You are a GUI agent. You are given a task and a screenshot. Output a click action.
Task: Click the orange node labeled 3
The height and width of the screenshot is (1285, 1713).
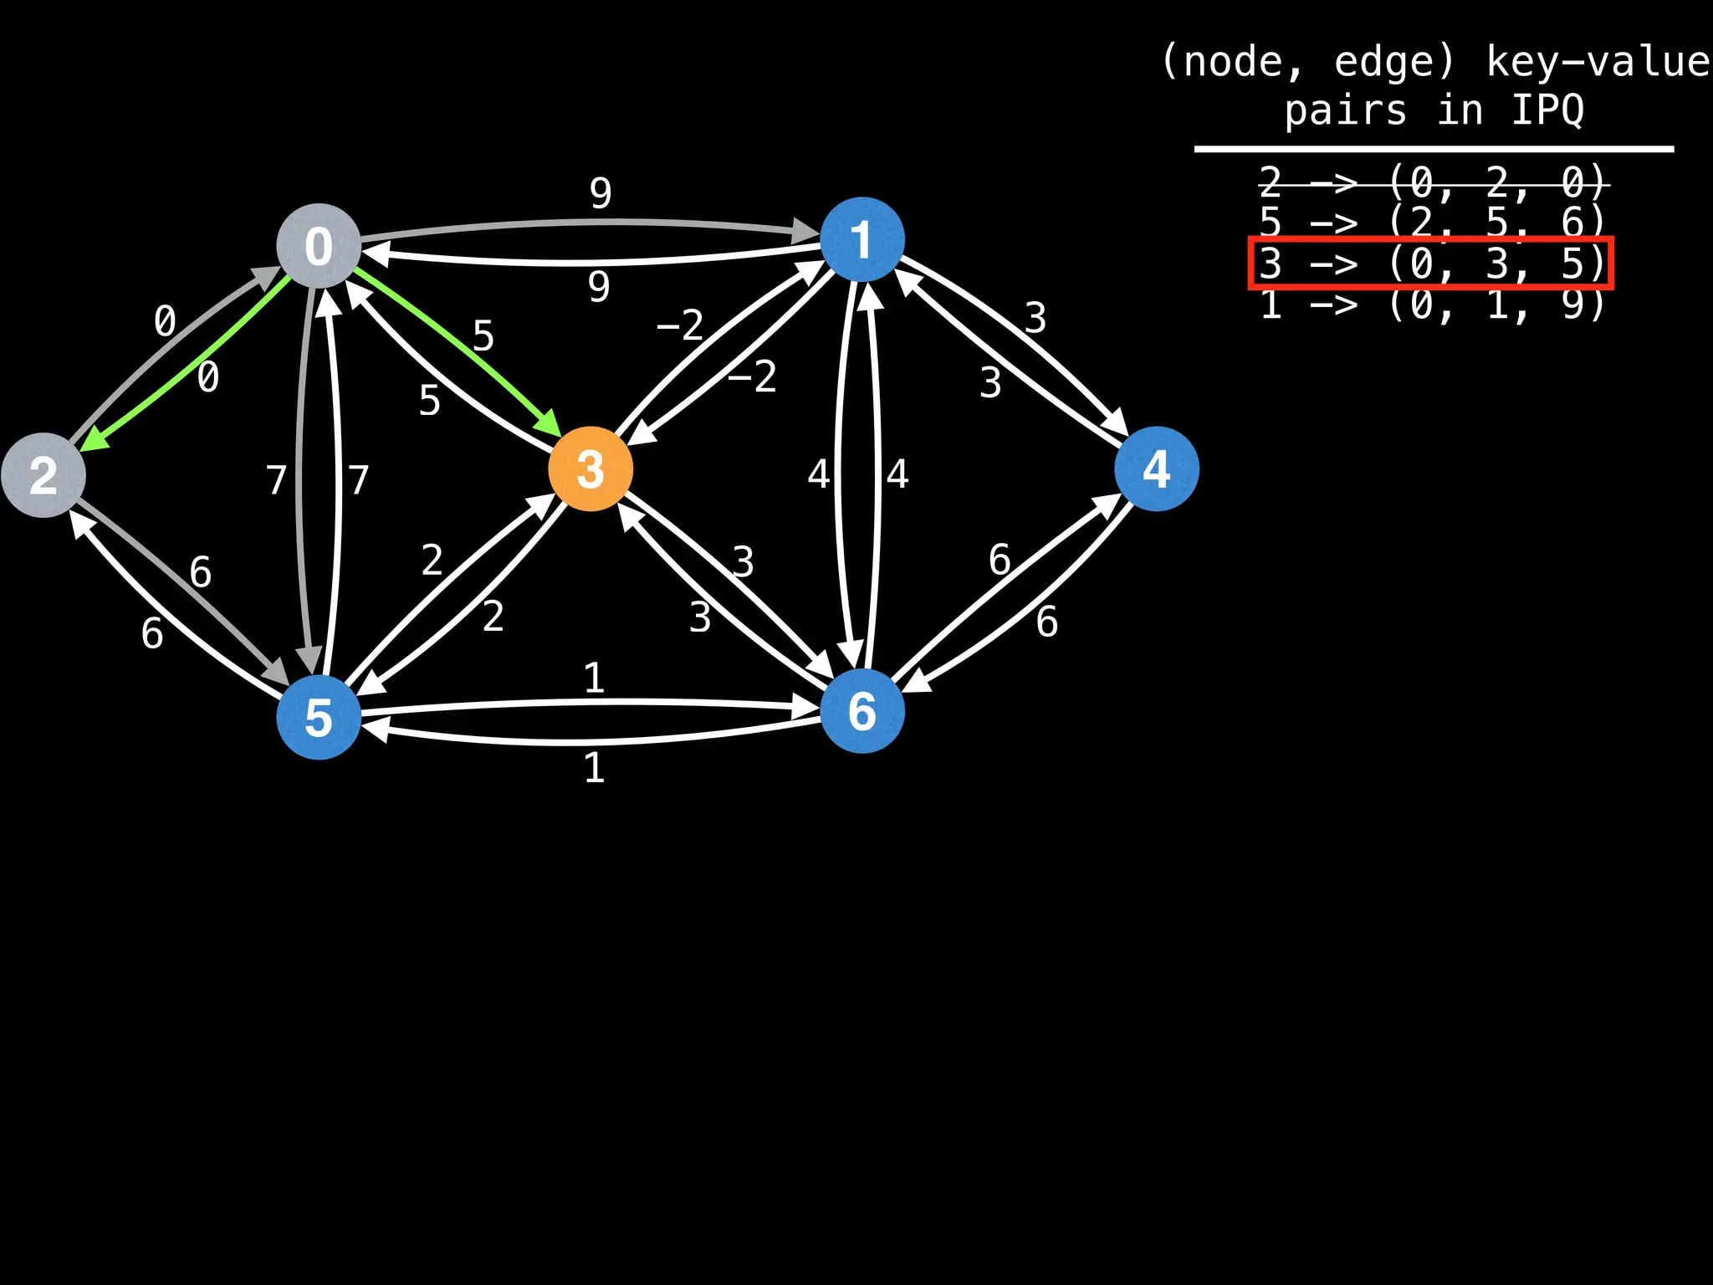591,468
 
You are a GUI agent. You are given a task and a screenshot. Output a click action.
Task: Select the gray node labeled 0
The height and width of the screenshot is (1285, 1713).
319,246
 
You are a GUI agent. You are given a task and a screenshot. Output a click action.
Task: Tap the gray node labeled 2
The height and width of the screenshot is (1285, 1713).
43,475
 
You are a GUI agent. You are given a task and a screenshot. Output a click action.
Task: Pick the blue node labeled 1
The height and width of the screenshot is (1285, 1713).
862,239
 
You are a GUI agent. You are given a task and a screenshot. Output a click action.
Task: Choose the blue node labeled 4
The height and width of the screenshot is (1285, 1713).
1157,468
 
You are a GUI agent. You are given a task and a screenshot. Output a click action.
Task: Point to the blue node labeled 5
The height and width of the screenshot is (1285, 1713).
319,718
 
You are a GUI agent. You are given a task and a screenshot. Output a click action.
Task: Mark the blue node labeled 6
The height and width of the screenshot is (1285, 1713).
862,711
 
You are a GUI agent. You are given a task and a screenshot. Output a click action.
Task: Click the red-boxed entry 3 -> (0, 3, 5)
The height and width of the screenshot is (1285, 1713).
1431,264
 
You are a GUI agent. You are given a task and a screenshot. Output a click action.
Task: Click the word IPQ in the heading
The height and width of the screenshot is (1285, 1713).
1547,110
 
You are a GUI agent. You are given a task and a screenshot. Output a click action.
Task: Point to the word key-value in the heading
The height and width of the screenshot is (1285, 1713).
1598,62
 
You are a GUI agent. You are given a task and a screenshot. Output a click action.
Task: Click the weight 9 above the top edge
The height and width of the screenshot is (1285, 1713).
601,193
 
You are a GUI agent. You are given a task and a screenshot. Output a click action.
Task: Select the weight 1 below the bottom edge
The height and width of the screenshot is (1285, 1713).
594,767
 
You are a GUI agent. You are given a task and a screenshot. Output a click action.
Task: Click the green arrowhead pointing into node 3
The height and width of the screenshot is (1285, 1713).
550,424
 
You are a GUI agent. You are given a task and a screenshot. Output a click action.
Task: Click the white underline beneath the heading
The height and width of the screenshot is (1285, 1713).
1433,150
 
